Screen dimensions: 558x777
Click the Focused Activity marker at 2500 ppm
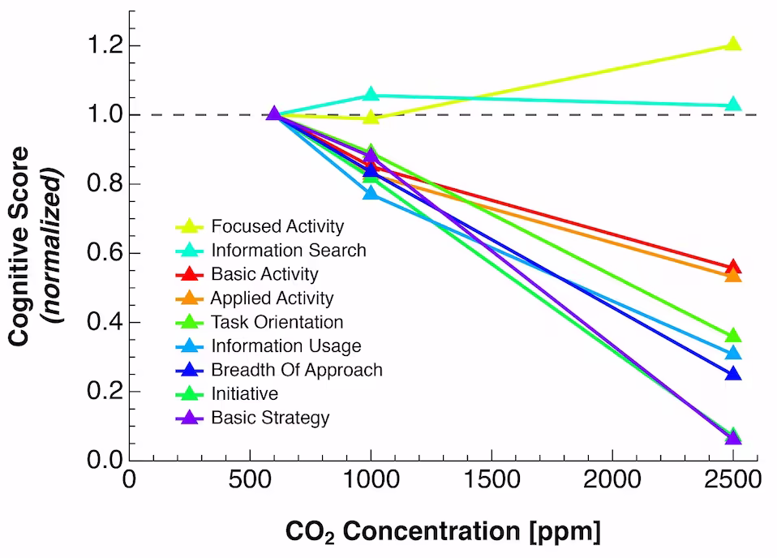pos(733,44)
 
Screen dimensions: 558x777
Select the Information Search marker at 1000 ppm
pos(371,95)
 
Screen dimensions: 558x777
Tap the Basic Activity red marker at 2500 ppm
pos(733,268)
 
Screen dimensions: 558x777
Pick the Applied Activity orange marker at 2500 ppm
pos(733,276)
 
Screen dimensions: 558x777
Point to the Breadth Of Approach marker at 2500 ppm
pos(733,374)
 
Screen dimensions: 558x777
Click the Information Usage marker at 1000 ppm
pos(371,193)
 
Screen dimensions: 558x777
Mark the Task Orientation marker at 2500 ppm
pos(733,336)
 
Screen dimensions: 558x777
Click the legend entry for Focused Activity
pos(277,226)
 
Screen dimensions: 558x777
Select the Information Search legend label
pos(289,251)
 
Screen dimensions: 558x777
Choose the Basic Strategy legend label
pos(270,418)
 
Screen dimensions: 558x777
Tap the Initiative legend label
pos(244,394)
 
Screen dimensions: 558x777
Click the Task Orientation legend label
pos(277,323)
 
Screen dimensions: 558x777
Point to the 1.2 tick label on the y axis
pos(105,45)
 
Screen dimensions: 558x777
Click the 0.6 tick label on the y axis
pos(105,253)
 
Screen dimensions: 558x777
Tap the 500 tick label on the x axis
pos(250,480)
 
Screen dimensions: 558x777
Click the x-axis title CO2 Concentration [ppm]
pos(443,532)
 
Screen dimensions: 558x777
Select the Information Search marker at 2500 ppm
pos(733,105)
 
